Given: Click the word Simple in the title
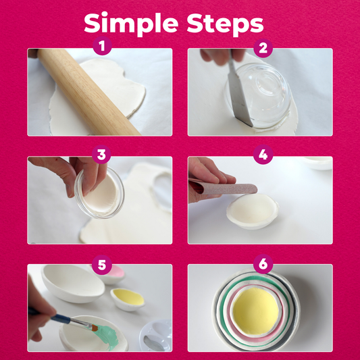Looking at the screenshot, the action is (131, 24).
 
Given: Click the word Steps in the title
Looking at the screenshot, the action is (225, 24).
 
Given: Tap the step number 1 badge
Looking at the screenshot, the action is (102, 45).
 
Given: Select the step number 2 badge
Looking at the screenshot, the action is (263, 48).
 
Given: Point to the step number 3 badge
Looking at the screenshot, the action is (101, 154).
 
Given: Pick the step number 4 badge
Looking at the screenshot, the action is (263, 154).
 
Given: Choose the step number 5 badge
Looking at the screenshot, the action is (102, 265).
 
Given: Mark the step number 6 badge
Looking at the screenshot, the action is (263, 264).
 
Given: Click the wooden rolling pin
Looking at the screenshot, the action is (88, 92).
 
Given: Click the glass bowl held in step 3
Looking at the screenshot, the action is (99, 193).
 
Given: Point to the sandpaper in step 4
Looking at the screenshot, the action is (224, 188).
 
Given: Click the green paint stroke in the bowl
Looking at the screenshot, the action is (107, 335).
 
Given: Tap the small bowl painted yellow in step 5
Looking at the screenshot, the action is (128, 299).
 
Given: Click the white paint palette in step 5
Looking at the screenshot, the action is (156, 336).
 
